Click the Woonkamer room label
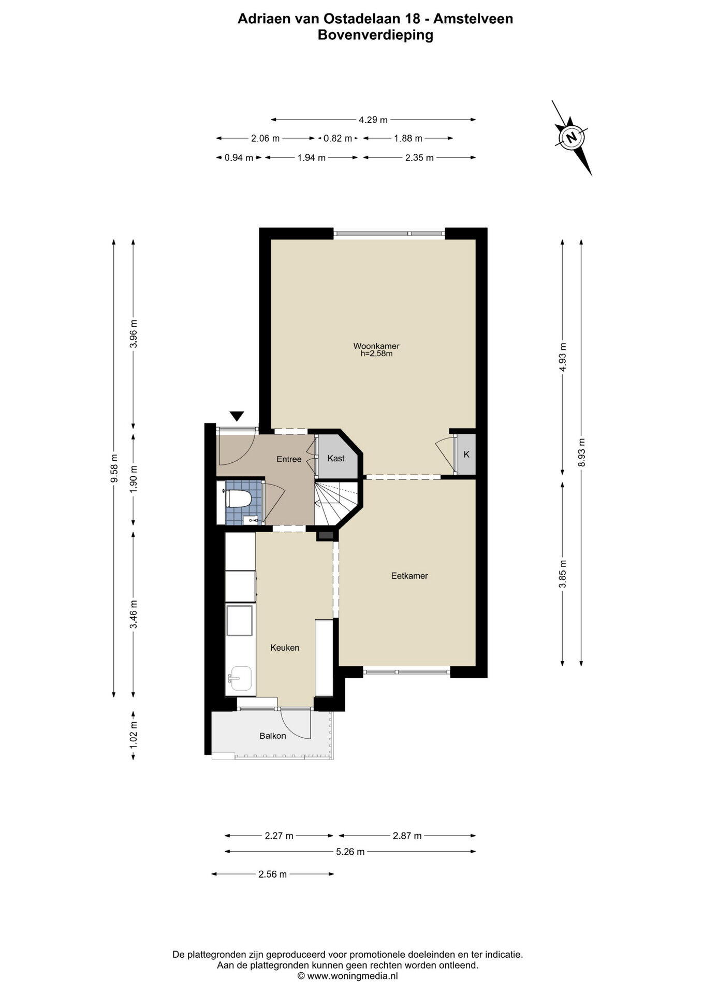tap(376, 346)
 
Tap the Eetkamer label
tap(409, 576)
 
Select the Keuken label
tap(285, 648)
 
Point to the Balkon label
tap(273, 736)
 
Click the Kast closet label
tap(336, 459)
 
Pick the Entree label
tap(289, 459)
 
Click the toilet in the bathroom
tap(238, 500)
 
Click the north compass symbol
tap(572, 138)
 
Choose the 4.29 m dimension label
tap(373, 120)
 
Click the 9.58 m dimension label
tap(114, 468)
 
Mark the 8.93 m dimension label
tap(581, 452)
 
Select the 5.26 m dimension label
tap(350, 852)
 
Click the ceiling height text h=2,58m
tap(376, 354)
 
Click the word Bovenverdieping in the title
tap(375, 35)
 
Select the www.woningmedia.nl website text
tap(353, 976)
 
